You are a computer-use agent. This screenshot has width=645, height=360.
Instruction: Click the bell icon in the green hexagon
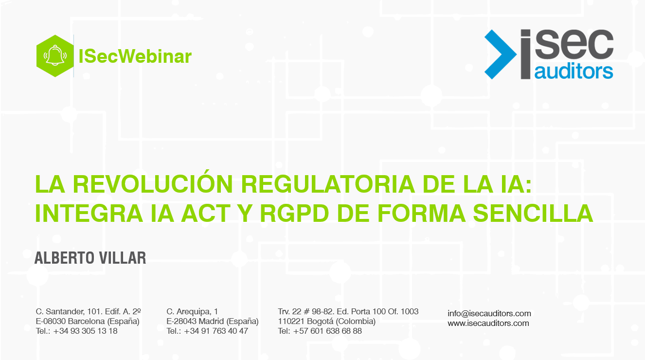[x=55, y=55]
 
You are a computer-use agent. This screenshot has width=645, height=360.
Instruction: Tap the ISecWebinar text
[x=135, y=56]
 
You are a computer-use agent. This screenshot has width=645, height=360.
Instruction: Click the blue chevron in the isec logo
[x=501, y=54]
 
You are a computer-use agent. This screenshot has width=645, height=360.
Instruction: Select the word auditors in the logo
[x=573, y=72]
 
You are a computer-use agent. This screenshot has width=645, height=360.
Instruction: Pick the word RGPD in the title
[x=294, y=214]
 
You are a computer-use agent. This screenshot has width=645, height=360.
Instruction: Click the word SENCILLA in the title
[x=533, y=214]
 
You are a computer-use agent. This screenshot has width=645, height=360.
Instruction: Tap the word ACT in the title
[x=206, y=214]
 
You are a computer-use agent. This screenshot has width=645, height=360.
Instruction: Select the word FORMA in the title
[x=421, y=214]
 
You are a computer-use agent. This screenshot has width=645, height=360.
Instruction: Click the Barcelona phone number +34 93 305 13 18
[x=85, y=331]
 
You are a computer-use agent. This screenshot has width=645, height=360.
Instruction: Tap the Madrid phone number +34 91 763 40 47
[x=216, y=331]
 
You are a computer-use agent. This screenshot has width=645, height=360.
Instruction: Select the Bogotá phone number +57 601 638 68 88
[x=327, y=331]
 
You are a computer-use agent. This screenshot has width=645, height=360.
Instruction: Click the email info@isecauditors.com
[x=489, y=313]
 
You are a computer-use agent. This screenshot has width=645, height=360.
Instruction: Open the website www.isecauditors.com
[x=488, y=323]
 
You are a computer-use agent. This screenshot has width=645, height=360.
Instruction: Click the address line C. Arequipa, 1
[x=192, y=311]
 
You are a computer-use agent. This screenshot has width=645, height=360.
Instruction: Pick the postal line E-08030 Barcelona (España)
[x=88, y=321]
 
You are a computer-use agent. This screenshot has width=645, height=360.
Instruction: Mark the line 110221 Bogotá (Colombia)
[x=326, y=321]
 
